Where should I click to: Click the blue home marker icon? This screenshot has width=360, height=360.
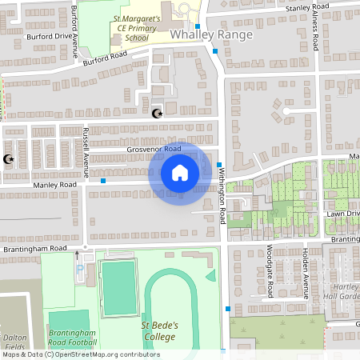[179, 173]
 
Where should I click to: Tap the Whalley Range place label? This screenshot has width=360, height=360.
[211, 35]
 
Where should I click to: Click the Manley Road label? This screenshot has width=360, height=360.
[54, 185]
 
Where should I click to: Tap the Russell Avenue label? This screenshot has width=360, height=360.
[86, 145]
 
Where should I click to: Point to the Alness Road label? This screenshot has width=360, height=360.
[316, 34]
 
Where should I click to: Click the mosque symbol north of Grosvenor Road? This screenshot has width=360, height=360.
[157, 114]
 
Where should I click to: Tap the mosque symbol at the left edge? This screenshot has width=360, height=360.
[10, 160]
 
